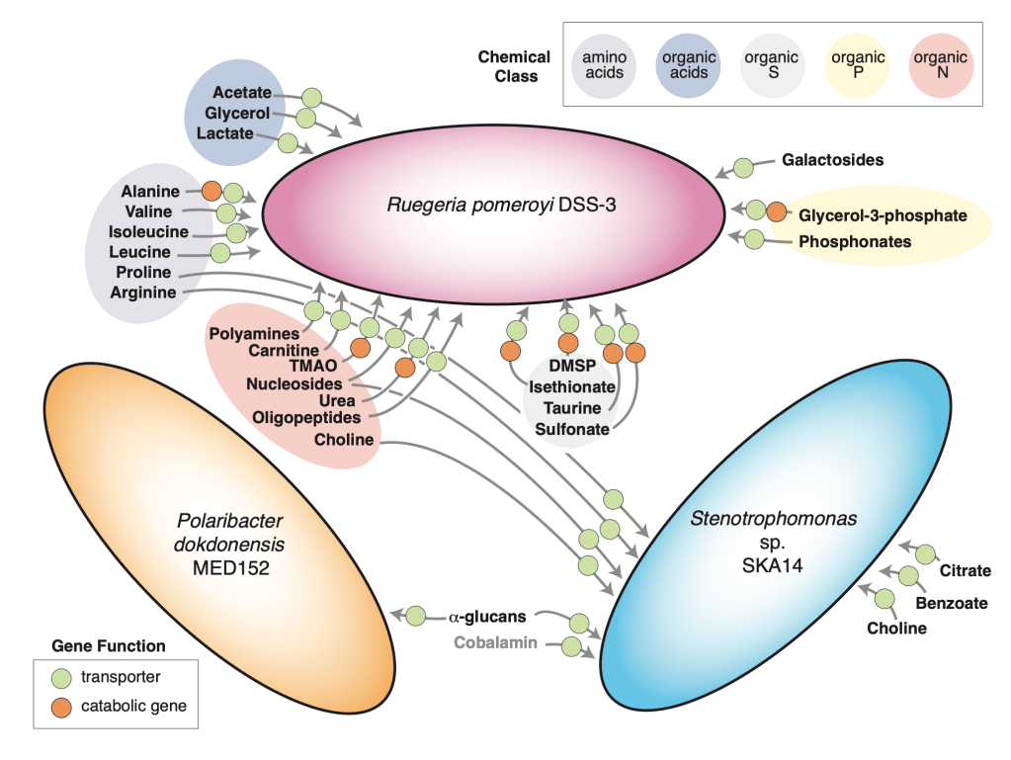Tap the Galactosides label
pos(832,158)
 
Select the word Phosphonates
pos(855,241)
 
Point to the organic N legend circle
pos(941,65)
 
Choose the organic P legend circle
pos(858,65)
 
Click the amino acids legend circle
pos(604,65)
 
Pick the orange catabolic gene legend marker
pos(63,706)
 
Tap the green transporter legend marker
pos(63,677)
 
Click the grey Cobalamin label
pos(495,642)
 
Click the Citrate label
pos(963,572)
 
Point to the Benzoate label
pos(951,602)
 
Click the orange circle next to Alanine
pos(211,192)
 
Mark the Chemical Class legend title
pos(513,66)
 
